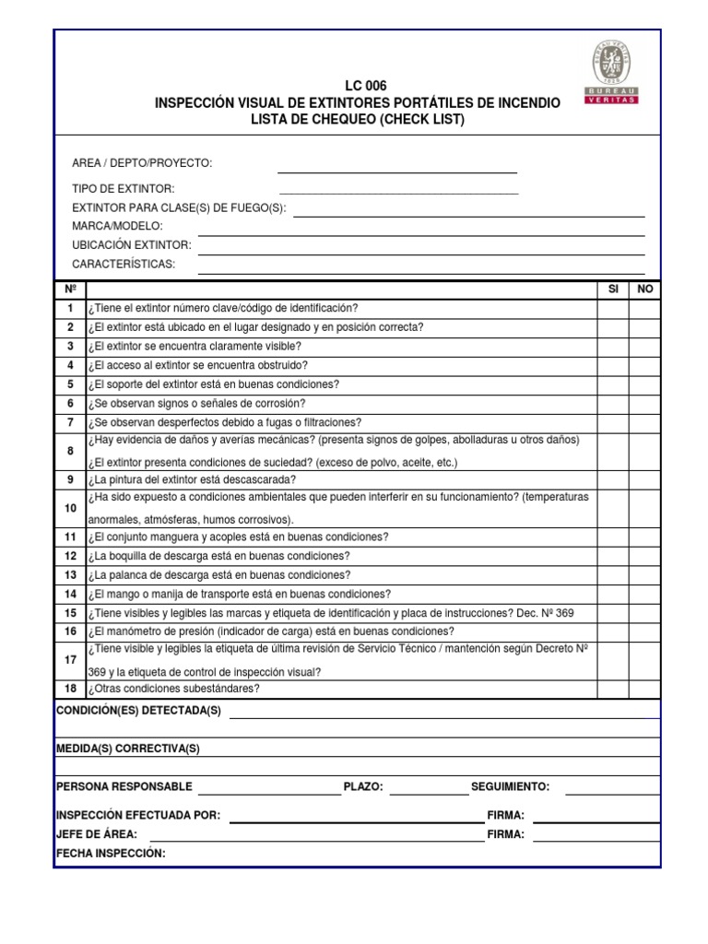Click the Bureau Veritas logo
coord(611,72)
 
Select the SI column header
coord(613,289)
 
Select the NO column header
coord(644,289)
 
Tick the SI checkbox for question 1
coord(613,309)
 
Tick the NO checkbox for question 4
coord(644,366)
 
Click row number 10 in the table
coord(70,508)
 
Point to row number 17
coord(70,660)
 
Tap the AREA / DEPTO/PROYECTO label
coord(142,163)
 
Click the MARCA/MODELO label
coord(117,226)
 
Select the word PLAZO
coord(363,786)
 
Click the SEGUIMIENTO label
coord(510,786)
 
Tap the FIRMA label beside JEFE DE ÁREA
coord(505,834)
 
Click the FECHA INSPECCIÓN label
coord(111,854)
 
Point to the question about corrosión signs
coord(196,404)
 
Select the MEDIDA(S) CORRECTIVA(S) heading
coord(127,749)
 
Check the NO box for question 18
coord(644,689)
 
